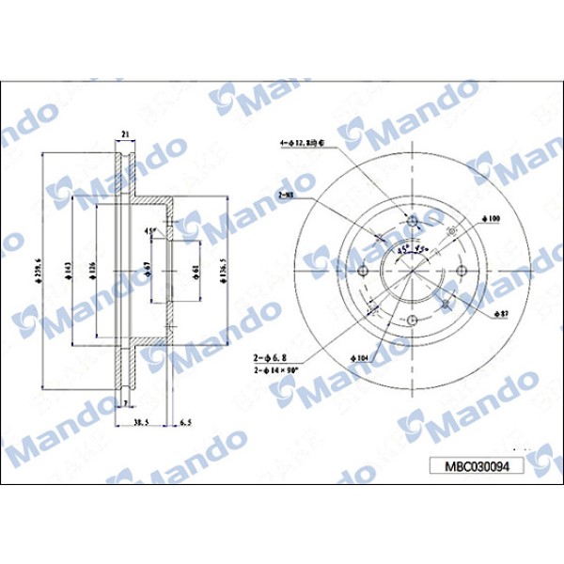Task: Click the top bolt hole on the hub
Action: click(x=413, y=221)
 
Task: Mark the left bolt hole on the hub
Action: click(x=363, y=272)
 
